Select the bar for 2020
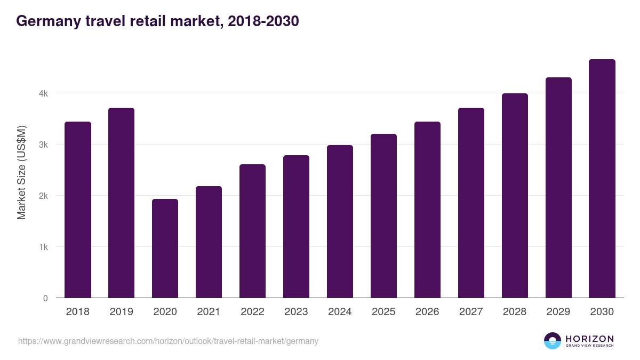(165, 249)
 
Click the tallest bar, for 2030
(602, 179)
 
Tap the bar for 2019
(121, 203)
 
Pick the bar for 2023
(296, 227)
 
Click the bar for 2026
(427, 210)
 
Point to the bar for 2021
(209, 242)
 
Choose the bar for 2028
(515, 196)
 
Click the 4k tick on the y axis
(43, 93)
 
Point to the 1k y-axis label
(43, 247)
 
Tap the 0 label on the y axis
(45, 298)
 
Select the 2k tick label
(43, 196)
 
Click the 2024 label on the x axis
(340, 312)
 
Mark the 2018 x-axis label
(78, 312)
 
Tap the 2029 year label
(558, 312)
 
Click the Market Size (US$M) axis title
(21, 172)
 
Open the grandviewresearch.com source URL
(168, 341)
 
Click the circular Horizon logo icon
(553, 341)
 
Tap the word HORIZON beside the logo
(589, 338)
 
